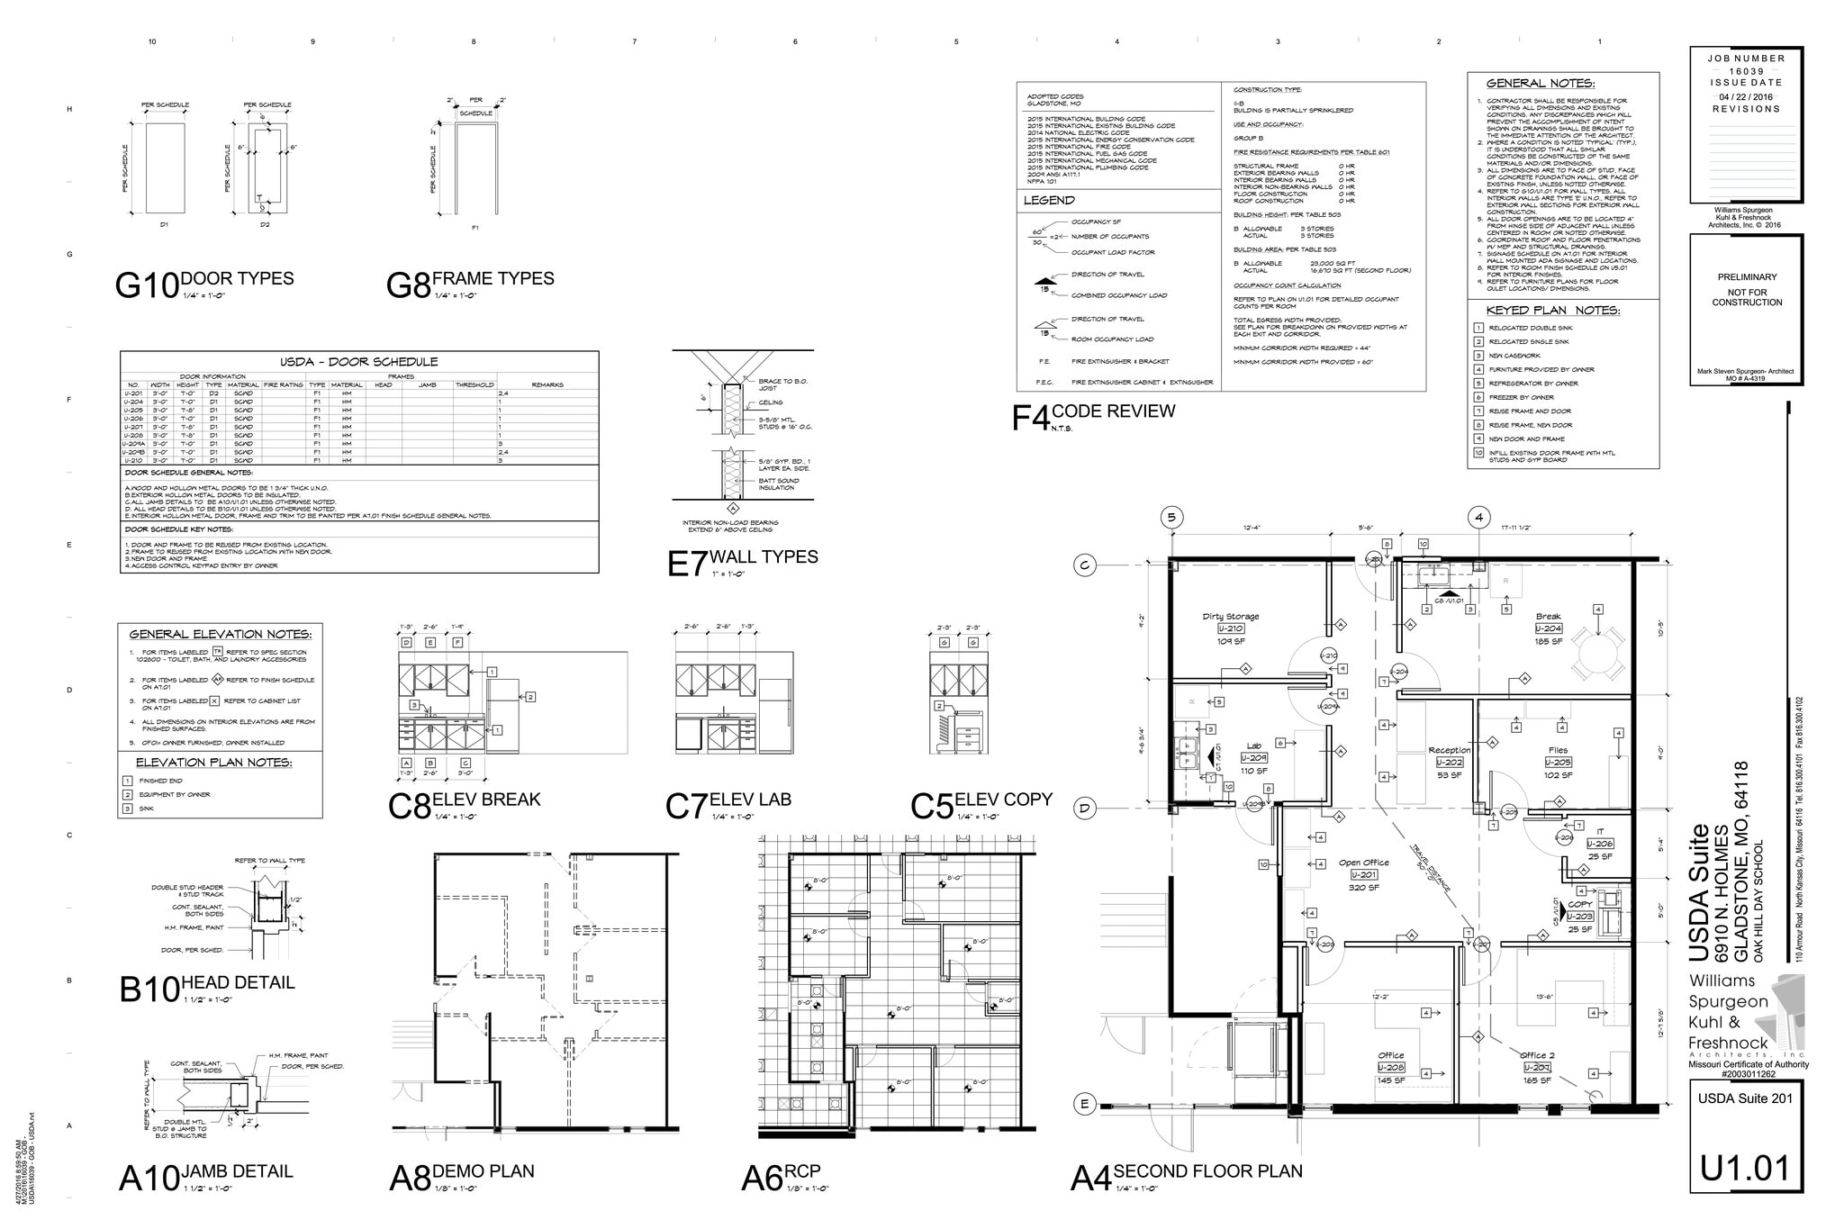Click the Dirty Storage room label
pyautogui.click(x=1231, y=618)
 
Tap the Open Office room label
pyautogui.click(x=1363, y=863)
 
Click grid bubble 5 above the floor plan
pyautogui.click(x=1171, y=517)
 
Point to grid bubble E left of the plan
pyautogui.click(x=1084, y=1104)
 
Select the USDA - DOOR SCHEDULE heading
pyautogui.click(x=358, y=362)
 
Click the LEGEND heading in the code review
pyautogui.click(x=1049, y=201)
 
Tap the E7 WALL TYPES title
pyautogui.click(x=744, y=561)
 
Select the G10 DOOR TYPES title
pyautogui.click(x=205, y=283)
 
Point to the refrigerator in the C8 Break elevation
pyautogui.click(x=502, y=716)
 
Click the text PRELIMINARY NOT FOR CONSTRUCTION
pyautogui.click(x=1747, y=290)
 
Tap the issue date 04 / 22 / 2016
pyautogui.click(x=1746, y=96)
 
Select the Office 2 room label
pyautogui.click(x=1537, y=1055)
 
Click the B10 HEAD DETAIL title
pyautogui.click(x=207, y=987)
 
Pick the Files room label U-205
pyautogui.click(x=1558, y=763)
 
